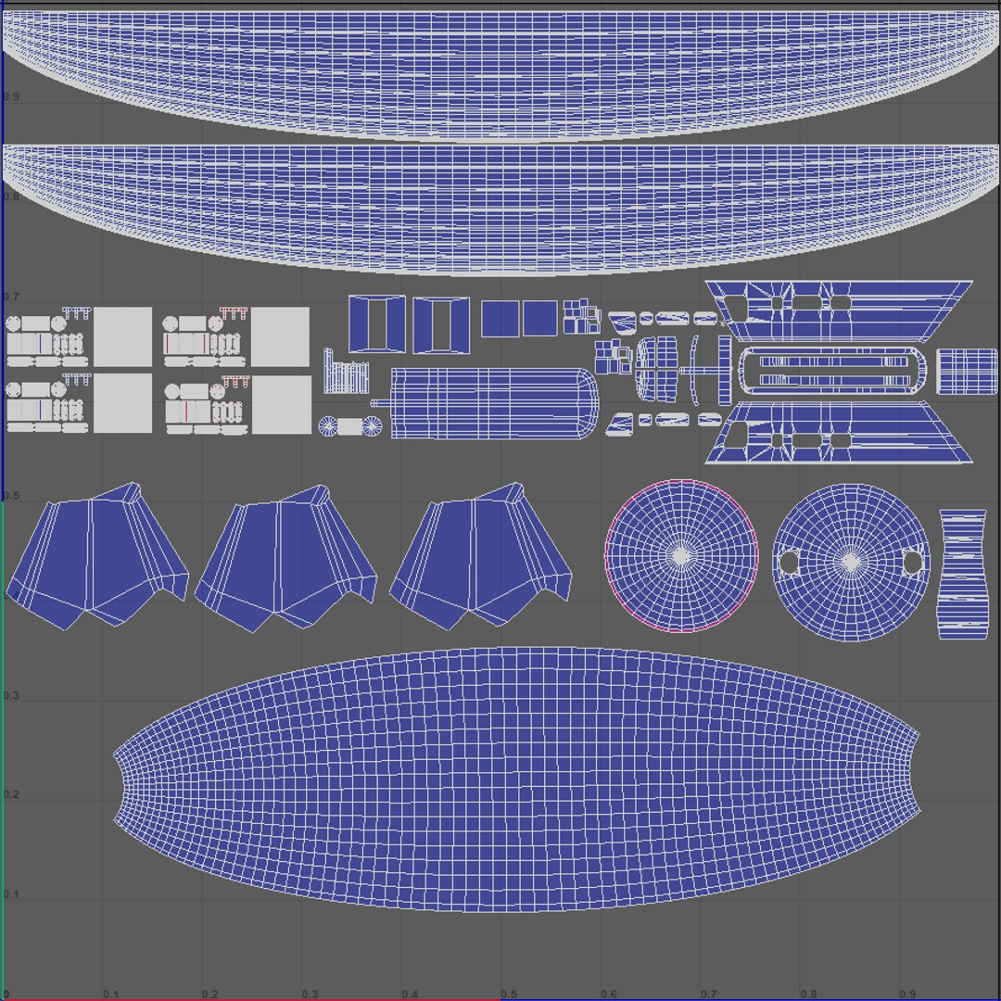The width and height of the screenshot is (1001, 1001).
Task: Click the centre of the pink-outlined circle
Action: pyautogui.click(x=681, y=555)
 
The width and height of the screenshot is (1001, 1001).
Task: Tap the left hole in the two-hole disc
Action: pyautogui.click(x=790, y=562)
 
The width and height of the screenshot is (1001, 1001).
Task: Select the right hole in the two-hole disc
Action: pyautogui.click(x=912, y=562)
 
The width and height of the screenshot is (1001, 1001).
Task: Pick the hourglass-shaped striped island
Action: pyautogui.click(x=963, y=574)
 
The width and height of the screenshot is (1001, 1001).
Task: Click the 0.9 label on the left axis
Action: pyautogui.click(x=11, y=96)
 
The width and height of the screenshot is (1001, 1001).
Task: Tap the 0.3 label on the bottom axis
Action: pyautogui.click(x=310, y=994)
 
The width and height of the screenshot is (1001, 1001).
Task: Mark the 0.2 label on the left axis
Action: pyautogui.click(x=11, y=795)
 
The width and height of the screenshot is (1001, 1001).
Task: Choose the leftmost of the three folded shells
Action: pyautogui.click(x=97, y=556)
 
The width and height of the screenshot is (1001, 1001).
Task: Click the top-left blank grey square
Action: pyautogui.click(x=123, y=336)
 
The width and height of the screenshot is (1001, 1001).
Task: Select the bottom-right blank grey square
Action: pyautogui.click(x=280, y=403)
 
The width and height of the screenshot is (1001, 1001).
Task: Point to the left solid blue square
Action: pyautogui.click(x=500, y=319)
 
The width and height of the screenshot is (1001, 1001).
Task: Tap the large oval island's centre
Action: pyautogui.click(x=517, y=779)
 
